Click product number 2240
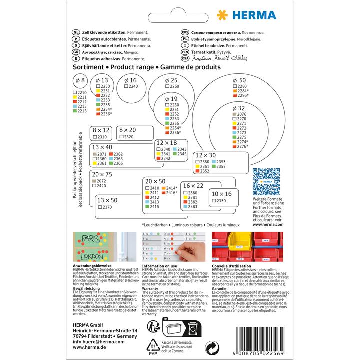click(133, 86)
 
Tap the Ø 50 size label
click(240, 80)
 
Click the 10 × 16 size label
click(221, 193)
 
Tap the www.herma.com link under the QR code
click(269, 224)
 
